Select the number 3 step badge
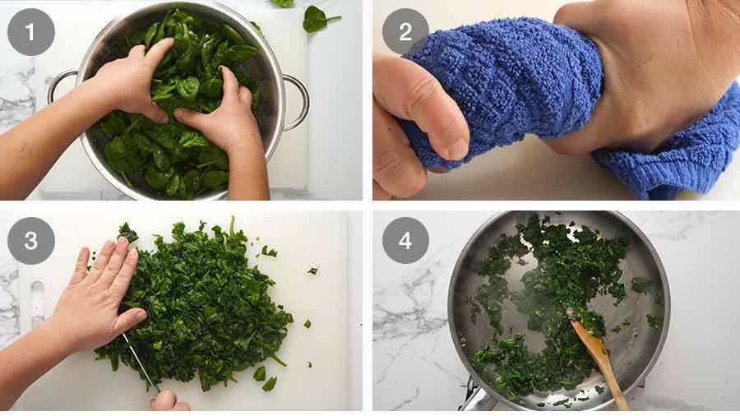coord(31,240)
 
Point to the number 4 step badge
coord(405,240)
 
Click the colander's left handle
coord(59,85)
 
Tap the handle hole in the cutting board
coord(37,304)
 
